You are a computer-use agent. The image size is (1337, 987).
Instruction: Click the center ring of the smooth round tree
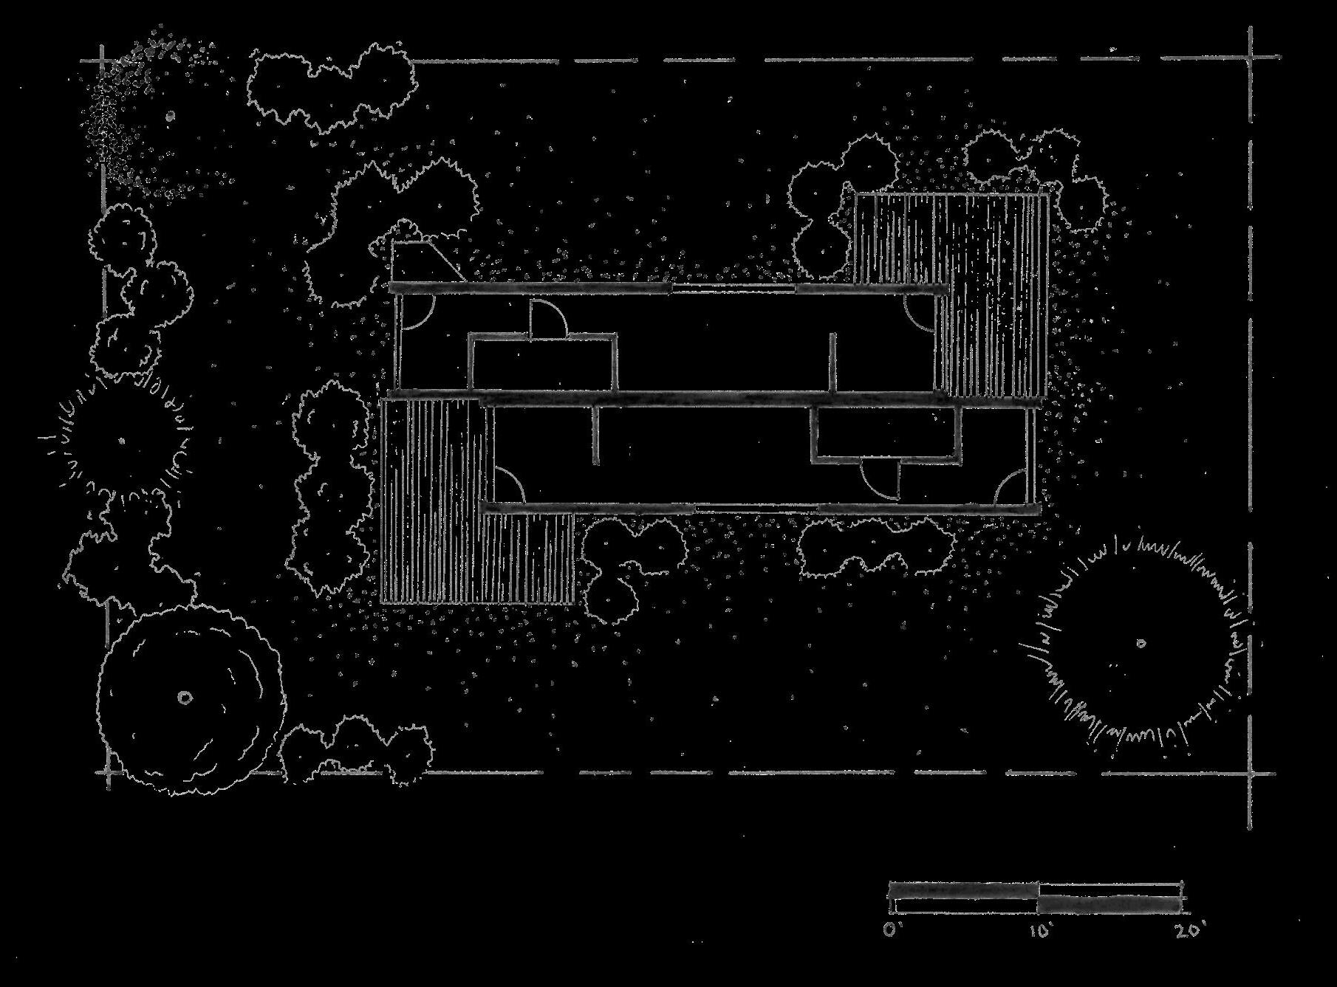[x=184, y=697]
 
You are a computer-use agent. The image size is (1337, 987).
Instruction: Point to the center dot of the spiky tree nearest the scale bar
[x=1141, y=644]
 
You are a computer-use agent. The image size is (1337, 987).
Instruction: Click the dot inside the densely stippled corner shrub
[x=170, y=116]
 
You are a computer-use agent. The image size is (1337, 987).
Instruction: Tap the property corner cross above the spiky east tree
[x=1251, y=56]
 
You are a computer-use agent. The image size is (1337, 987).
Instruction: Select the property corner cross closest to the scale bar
[x=1251, y=774]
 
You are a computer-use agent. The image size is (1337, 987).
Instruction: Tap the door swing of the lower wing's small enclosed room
[x=880, y=480]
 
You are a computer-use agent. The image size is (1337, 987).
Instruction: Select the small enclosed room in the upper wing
[x=543, y=363]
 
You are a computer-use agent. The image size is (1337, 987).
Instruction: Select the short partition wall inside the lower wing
[x=595, y=436]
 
